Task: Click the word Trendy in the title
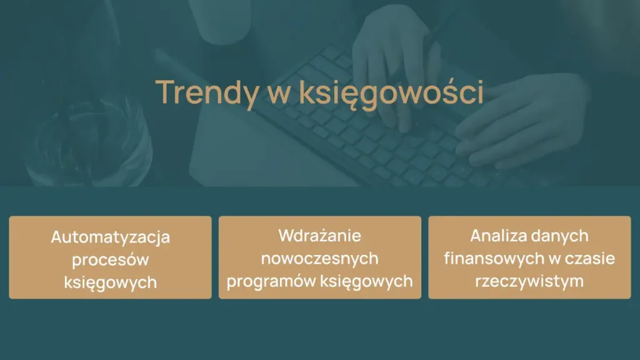point(206,92)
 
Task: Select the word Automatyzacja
point(111,237)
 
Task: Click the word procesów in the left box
point(111,259)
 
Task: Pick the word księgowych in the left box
point(111,282)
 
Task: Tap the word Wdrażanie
point(320,236)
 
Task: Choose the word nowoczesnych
point(320,258)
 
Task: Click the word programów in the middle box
point(271,281)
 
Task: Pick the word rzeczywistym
point(529,281)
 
